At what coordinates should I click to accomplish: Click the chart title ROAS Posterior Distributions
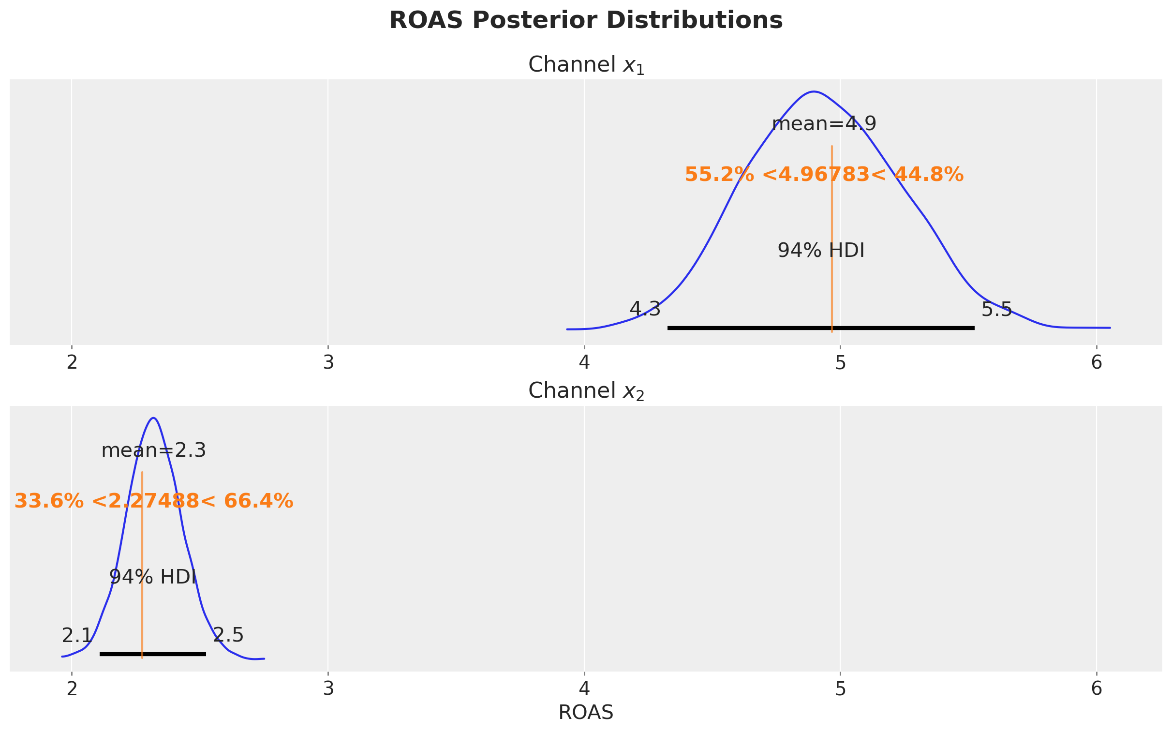(586, 21)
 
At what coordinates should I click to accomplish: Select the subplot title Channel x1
(586, 65)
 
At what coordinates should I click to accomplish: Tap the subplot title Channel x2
(586, 391)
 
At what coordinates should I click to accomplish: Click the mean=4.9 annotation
(824, 124)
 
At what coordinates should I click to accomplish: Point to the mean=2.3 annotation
(154, 451)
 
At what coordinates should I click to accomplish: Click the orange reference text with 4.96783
(824, 175)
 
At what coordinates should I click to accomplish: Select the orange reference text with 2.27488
(154, 501)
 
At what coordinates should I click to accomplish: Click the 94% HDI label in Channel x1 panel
(821, 251)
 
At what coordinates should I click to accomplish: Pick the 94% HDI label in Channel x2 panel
(153, 577)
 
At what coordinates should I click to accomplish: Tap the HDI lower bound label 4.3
(645, 309)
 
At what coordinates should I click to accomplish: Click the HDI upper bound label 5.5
(996, 309)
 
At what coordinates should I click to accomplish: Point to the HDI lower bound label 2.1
(76, 636)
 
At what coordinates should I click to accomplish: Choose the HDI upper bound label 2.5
(228, 636)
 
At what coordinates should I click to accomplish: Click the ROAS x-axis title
(586, 713)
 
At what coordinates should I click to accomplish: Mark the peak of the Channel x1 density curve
(815, 91)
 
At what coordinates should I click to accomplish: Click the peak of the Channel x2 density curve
(154, 418)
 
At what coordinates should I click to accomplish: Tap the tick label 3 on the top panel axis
(328, 362)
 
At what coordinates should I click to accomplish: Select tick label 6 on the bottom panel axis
(1097, 689)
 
